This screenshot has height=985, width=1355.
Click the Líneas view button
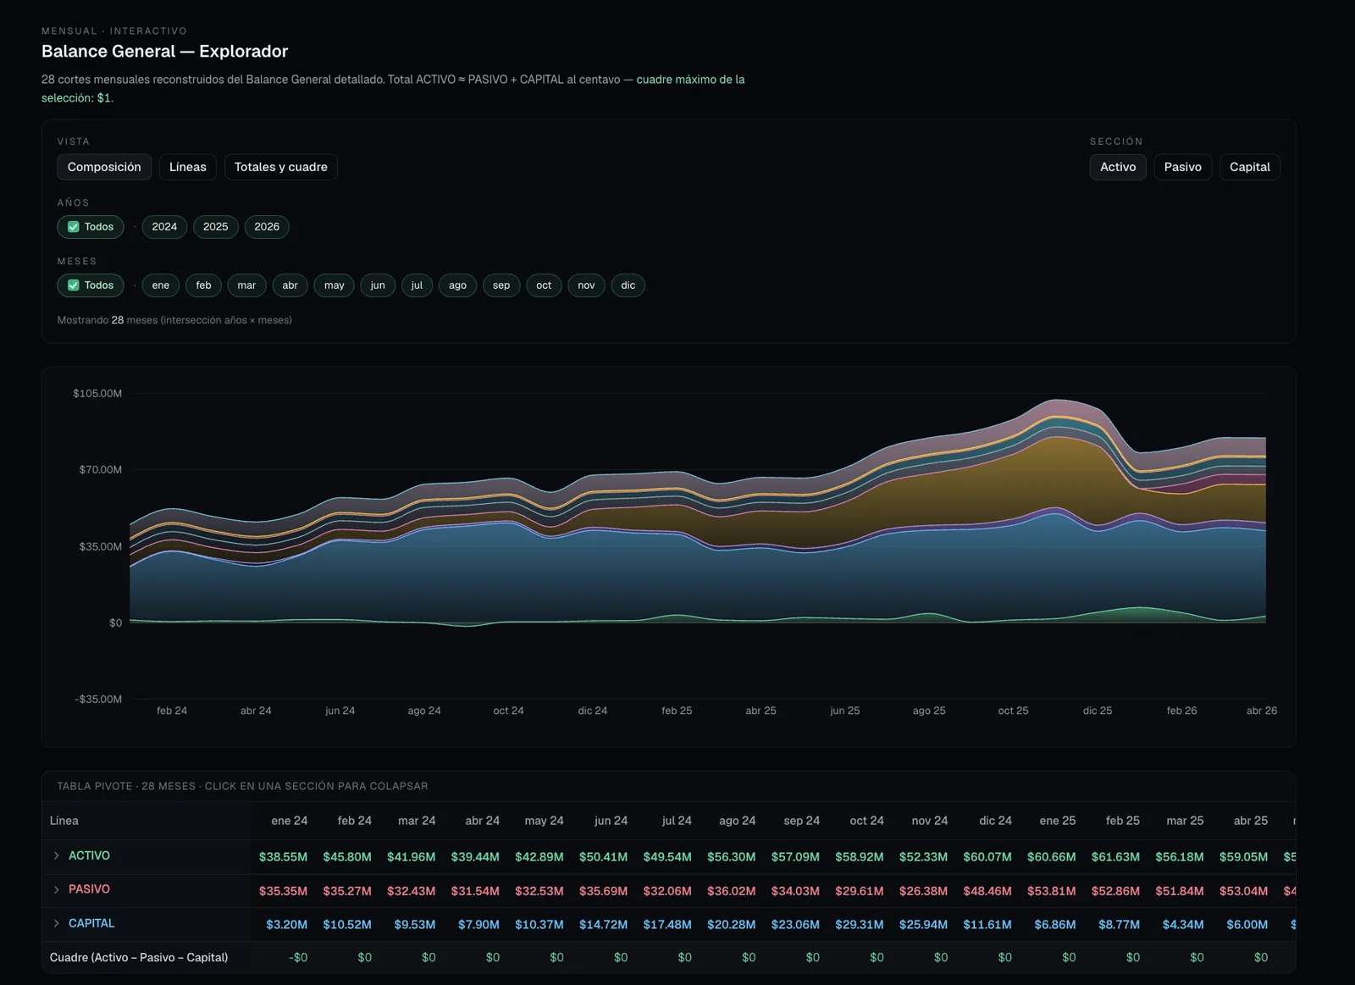[187, 167]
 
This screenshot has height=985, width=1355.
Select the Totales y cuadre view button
[280, 167]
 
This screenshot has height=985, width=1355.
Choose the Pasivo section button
[1182, 167]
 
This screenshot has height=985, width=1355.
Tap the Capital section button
[1249, 167]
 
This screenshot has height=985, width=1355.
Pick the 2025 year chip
[215, 227]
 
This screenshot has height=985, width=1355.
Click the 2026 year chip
[267, 227]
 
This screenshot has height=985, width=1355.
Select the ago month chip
[457, 285]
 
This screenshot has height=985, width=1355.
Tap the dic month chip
[628, 285]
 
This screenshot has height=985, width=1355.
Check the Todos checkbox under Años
[73, 227]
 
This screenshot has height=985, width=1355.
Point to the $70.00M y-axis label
[101, 469]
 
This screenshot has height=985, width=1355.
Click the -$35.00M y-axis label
[98, 699]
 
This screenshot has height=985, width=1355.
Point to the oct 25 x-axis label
[1013, 711]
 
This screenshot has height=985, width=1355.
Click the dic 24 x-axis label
[592, 711]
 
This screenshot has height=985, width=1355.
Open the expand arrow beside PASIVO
[56, 889]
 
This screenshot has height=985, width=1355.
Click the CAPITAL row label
[91, 923]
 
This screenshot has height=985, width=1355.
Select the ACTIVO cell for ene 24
[283, 857]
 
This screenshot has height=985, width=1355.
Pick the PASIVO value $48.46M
[987, 891]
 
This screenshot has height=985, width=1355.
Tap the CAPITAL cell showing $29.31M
[859, 925]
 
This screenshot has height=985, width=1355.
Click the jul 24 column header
[677, 821]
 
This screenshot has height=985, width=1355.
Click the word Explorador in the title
[244, 52]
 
